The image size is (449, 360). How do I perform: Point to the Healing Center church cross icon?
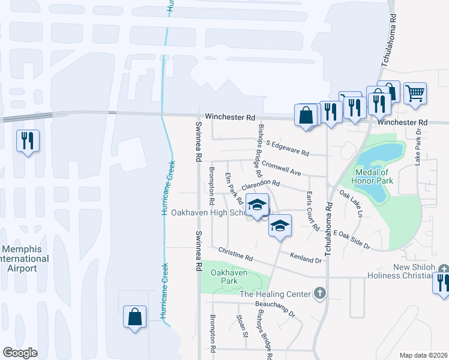[x=320, y=293]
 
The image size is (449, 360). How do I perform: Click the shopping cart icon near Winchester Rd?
[x=415, y=94]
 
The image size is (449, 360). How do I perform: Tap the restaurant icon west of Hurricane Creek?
[x=28, y=141]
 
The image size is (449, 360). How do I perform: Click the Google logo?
[x=20, y=353]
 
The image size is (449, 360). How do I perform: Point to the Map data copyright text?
[x=423, y=355]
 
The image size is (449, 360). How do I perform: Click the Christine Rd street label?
[x=236, y=253]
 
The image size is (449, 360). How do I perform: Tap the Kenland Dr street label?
[x=306, y=259]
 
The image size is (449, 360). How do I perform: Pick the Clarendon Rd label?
[x=261, y=186]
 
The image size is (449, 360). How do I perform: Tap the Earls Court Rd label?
[x=312, y=211]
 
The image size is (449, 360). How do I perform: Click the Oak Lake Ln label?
[x=351, y=204]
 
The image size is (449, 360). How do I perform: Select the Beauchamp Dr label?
[x=277, y=309]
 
